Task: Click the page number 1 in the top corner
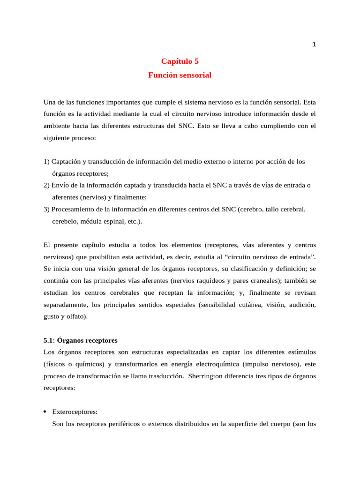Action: pyautogui.click(x=314, y=45)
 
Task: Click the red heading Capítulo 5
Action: pyautogui.click(x=180, y=61)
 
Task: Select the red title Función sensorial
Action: pyautogui.click(x=180, y=75)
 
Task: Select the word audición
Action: pyautogui.click(x=300, y=305)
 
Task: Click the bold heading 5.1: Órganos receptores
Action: pyautogui.click(x=81, y=340)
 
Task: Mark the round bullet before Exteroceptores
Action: pyautogui.click(x=45, y=412)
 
